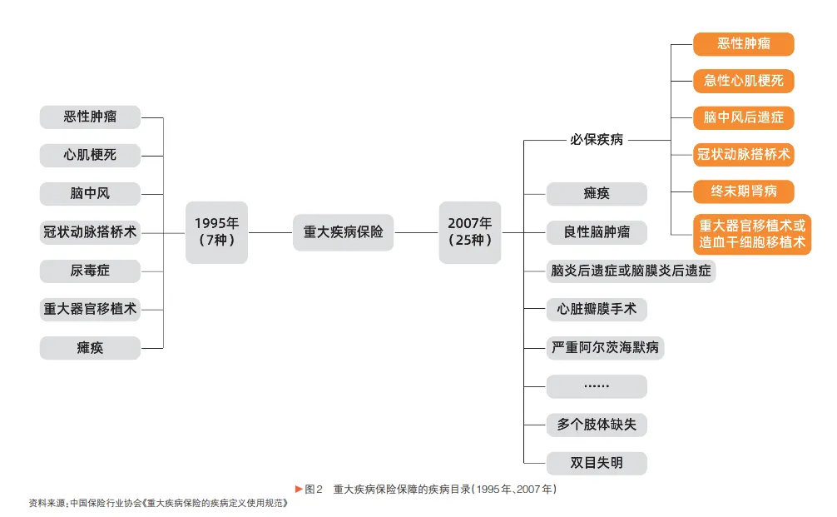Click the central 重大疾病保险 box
343,232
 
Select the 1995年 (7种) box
216,232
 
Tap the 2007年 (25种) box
470,232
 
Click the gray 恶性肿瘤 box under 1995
90,117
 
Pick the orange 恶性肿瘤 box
744,44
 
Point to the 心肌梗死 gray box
90,155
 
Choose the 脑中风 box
90,193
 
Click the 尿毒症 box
90,271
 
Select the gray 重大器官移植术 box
90,309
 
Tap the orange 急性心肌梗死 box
744,81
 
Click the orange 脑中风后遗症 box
744,117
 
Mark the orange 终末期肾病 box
744,191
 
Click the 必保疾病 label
596,140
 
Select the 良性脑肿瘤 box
597,232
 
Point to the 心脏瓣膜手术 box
597,309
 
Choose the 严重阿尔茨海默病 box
605,347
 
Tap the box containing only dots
597,386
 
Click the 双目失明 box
597,463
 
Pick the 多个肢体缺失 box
597,425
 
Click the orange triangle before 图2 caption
300,489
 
